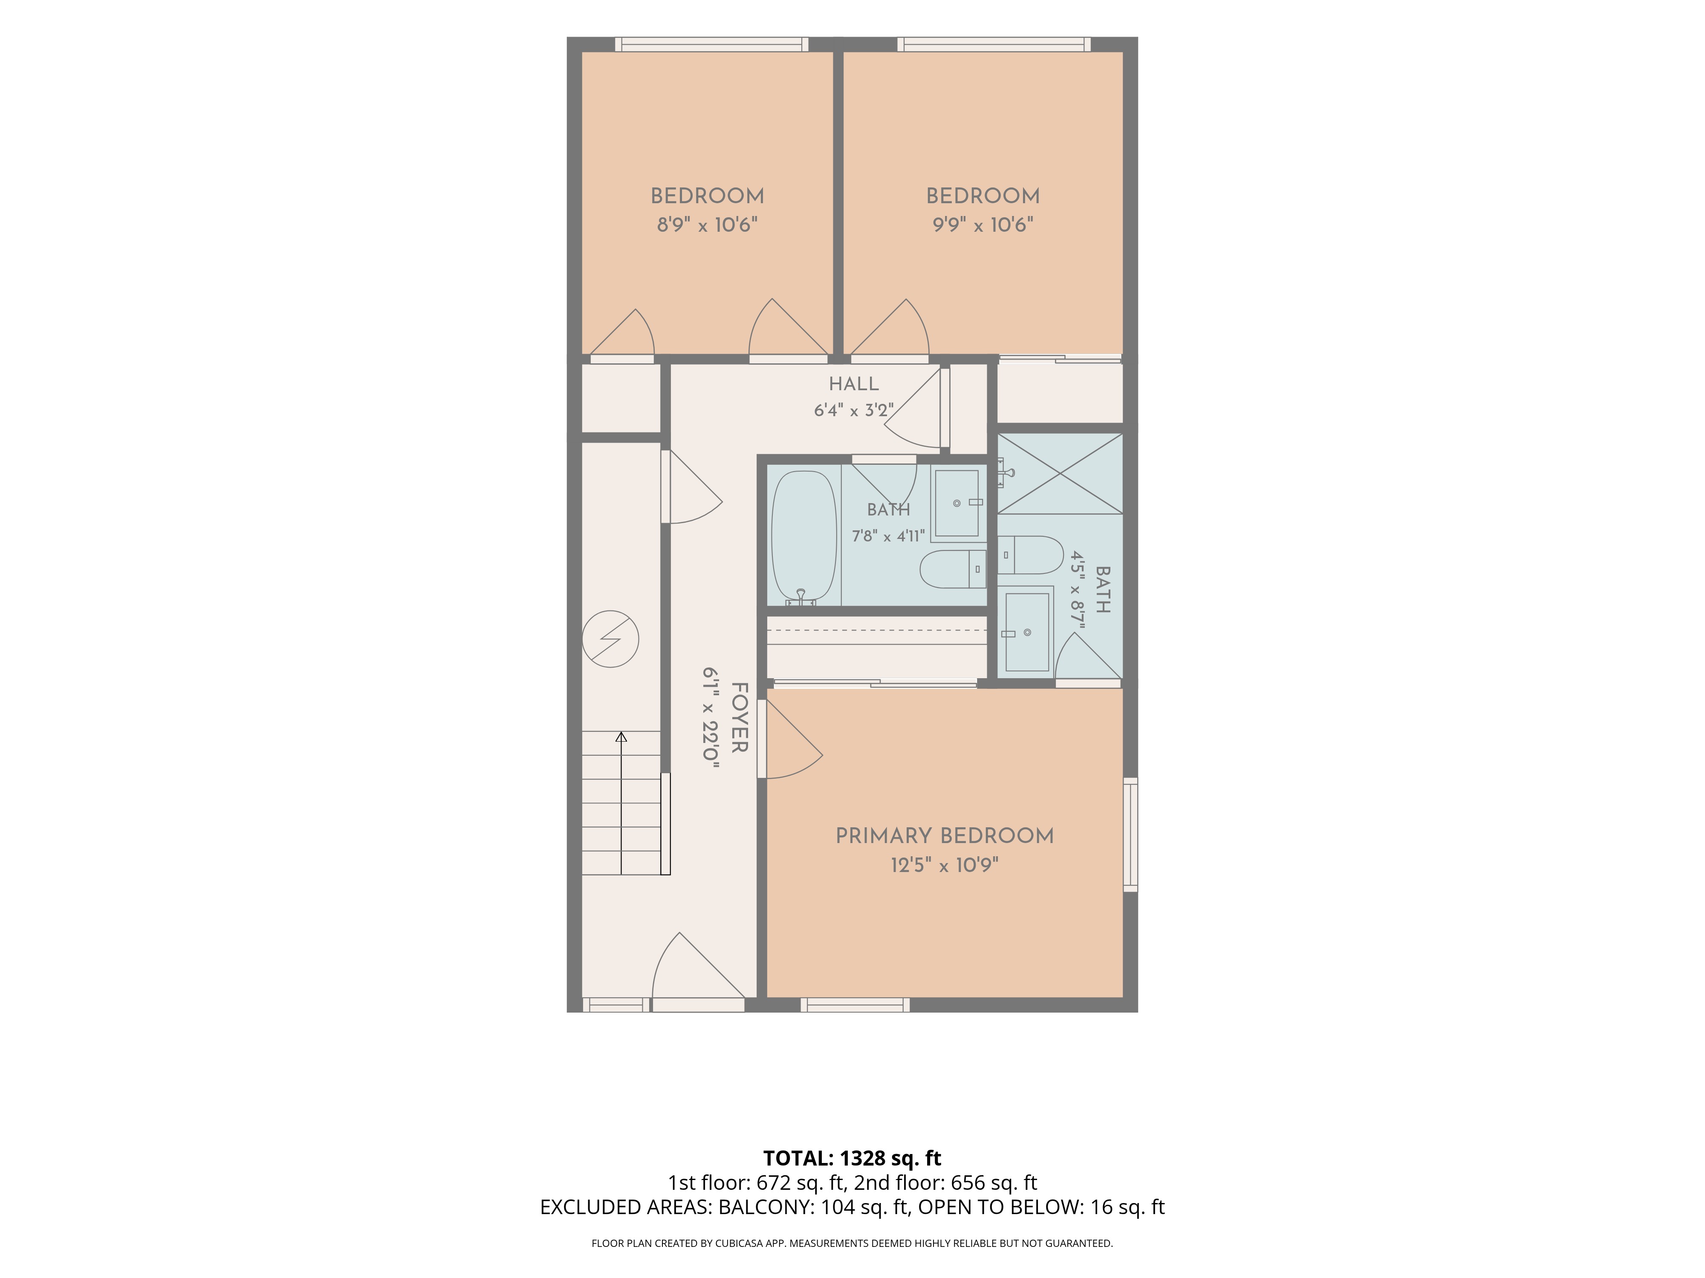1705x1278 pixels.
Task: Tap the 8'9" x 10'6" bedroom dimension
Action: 707,225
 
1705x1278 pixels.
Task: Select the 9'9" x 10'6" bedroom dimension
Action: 983,225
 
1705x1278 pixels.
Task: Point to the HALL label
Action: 853,384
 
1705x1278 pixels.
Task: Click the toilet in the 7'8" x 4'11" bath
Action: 953,569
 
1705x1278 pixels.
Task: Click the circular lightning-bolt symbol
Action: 610,639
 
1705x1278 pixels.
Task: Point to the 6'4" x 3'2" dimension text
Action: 853,410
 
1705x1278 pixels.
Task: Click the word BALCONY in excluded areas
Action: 766,1207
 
